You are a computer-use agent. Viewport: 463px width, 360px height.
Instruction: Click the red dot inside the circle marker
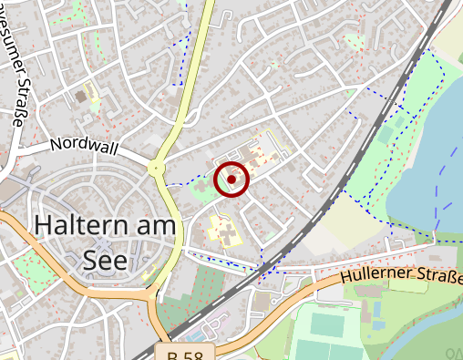[x=231, y=180]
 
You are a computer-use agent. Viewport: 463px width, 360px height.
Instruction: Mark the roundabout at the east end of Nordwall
[x=157, y=169]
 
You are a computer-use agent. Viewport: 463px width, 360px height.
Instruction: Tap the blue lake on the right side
[x=428, y=155]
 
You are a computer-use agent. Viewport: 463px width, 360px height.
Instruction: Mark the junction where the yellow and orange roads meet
[x=151, y=293]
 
